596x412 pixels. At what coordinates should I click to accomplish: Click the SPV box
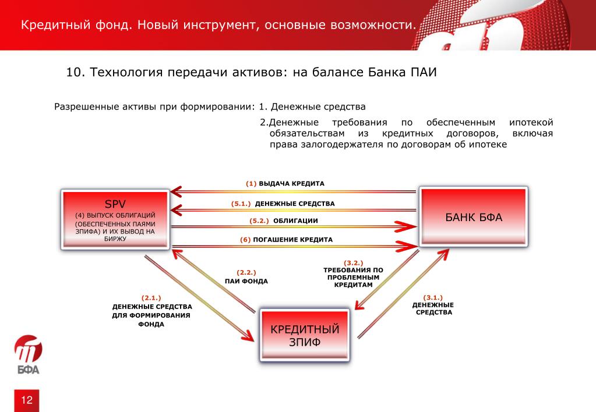point(115,219)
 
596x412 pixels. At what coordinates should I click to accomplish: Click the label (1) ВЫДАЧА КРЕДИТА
point(285,183)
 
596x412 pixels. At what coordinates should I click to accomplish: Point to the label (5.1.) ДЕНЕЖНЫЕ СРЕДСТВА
point(283,204)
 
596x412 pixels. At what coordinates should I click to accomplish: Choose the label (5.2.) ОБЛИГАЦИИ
point(283,221)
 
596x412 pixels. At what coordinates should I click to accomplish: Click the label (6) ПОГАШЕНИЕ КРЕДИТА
point(286,239)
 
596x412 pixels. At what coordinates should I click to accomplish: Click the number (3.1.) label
point(433,297)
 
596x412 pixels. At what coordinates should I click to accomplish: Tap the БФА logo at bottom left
point(27,354)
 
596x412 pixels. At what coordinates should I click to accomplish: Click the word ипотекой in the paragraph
point(531,123)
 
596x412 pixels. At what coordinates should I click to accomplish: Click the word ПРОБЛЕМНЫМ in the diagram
point(354,278)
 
